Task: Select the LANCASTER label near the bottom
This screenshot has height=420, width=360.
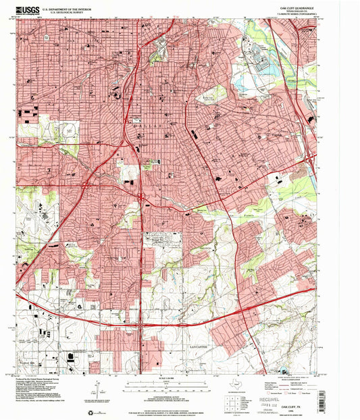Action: click(x=192, y=346)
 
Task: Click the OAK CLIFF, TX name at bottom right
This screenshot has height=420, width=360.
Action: click(x=296, y=407)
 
